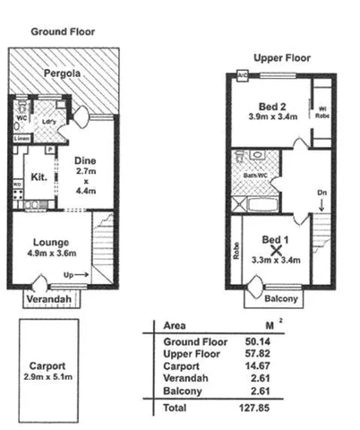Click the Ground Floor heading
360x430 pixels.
coord(63,31)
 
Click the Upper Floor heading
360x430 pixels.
coord(281,57)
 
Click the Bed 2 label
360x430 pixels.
coord(264,107)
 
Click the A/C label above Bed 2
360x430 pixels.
coord(243,75)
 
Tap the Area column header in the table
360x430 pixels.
coord(176,325)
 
